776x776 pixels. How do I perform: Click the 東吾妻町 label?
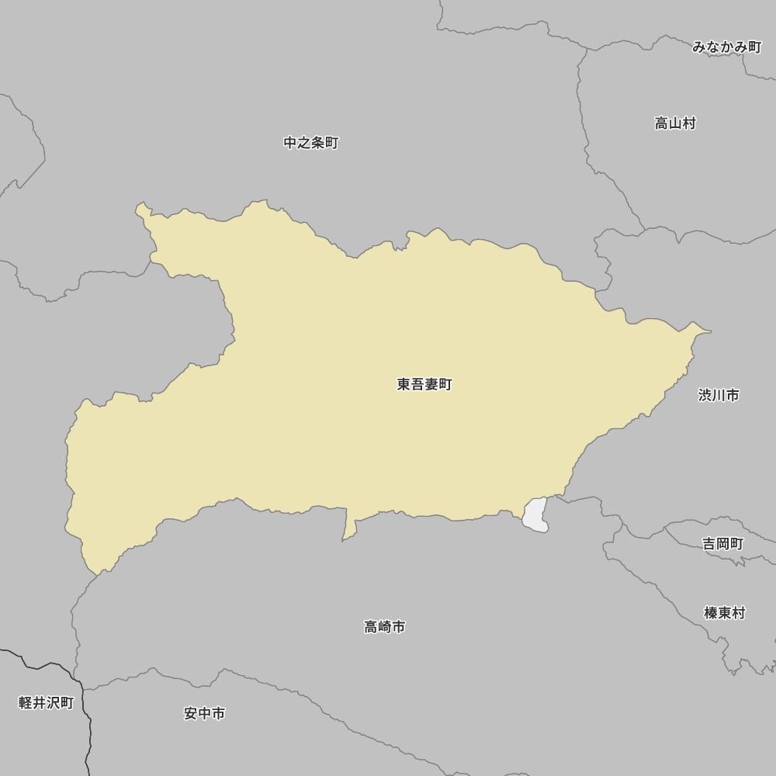point(424,384)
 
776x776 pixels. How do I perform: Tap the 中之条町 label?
point(311,143)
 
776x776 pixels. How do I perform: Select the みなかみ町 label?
point(726,47)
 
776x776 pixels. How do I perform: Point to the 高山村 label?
point(675,123)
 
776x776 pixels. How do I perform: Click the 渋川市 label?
point(719,395)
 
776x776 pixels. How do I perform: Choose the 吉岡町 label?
point(723,544)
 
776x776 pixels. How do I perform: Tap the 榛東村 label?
point(724,613)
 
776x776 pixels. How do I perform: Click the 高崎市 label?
point(385,626)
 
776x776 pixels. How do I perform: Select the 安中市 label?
point(205,713)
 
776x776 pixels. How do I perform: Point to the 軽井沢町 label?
point(46,703)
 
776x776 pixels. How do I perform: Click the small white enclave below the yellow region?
point(535,515)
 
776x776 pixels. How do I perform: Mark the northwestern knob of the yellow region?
point(143,210)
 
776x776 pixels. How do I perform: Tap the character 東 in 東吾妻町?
point(404,384)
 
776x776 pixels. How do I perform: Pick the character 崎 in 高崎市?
point(385,626)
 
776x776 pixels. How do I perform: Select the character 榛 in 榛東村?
point(711,613)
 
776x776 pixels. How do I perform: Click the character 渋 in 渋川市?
point(705,395)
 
